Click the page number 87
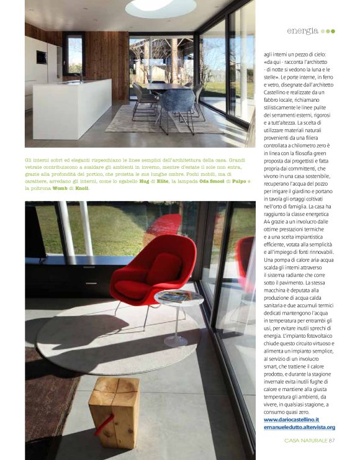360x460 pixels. [332, 441]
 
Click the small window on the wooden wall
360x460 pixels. [74, 55]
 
